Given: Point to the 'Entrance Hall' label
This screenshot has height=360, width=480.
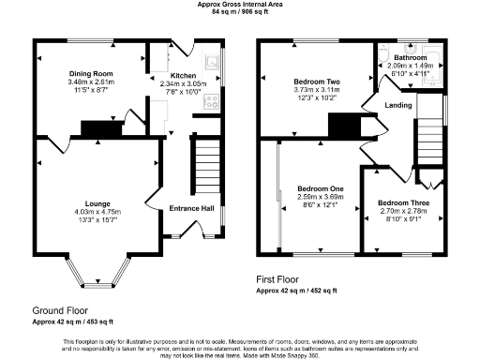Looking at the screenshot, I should tap(191, 208).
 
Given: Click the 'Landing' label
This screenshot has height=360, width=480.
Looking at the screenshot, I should tap(397, 106).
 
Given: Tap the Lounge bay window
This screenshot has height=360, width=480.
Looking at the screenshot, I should tap(95, 277).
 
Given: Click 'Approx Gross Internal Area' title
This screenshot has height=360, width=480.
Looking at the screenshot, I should tap(239, 5).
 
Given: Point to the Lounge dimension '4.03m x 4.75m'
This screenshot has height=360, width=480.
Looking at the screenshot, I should tap(96, 212).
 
